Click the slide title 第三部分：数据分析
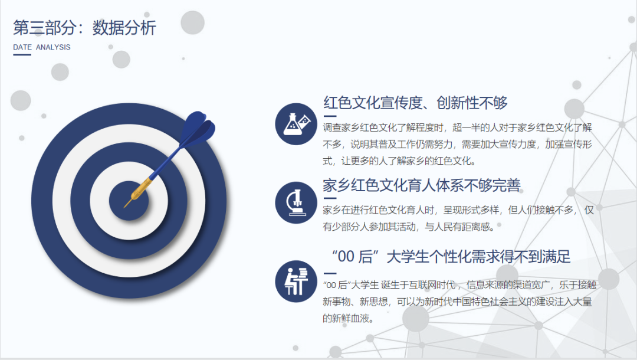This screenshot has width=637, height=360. (84, 28)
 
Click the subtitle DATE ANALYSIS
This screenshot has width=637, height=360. (41, 47)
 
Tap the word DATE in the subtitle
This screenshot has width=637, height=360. (22, 47)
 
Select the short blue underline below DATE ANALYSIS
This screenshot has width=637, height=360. (22, 55)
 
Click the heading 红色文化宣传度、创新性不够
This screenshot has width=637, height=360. (415, 103)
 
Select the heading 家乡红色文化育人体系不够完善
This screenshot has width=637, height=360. (422, 185)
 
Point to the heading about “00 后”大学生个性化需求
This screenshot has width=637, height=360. (451, 257)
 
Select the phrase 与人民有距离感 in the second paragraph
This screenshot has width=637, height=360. (459, 226)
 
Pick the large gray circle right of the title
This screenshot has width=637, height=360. (192, 22)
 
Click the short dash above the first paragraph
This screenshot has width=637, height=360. (330, 116)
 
